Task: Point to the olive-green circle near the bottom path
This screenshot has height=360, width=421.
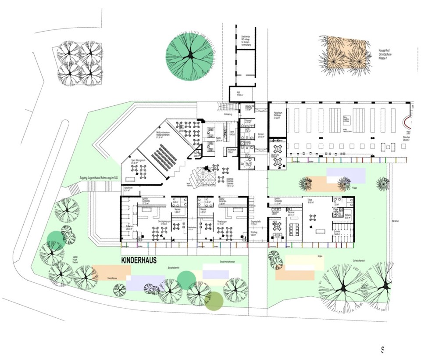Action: [214, 301]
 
